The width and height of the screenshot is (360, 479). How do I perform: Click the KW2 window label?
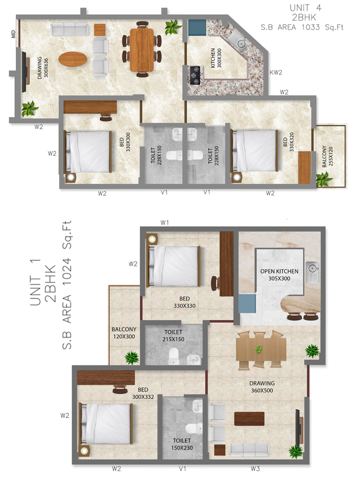point(276,72)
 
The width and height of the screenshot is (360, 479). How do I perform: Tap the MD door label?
point(13,34)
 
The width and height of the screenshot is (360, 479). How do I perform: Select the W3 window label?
point(255,469)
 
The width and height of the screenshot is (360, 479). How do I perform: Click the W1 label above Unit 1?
point(165,223)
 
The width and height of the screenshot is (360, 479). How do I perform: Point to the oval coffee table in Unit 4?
point(73,60)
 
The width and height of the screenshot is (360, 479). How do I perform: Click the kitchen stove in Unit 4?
point(195,75)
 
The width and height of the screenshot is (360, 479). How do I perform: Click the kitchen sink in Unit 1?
point(312,268)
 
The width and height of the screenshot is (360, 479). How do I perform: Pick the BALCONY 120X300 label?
point(124,333)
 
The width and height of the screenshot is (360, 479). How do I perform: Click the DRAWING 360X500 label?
point(262,386)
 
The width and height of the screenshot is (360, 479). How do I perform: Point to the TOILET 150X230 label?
point(182,444)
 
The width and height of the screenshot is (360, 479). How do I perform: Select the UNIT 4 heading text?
point(306,8)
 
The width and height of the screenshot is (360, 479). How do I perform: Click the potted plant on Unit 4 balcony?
point(325,179)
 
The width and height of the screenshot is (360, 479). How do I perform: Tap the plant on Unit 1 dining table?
point(259,349)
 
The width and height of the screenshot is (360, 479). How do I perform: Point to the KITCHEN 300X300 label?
point(217,61)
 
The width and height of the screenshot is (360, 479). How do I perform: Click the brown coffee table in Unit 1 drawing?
point(249,418)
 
